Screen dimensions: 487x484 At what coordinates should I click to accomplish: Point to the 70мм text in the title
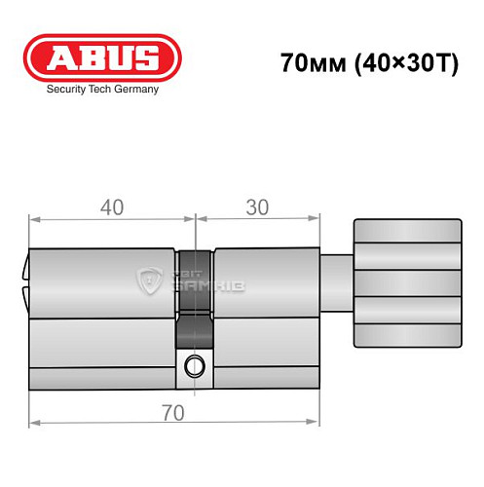pos(306,64)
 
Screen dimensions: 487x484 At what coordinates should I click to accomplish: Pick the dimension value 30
pos(257,207)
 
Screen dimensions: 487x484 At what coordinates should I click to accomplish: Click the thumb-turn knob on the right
pos(407,283)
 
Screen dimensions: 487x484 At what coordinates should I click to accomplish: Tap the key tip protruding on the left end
pos(24,281)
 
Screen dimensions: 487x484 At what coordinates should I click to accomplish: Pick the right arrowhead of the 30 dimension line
pos(316,222)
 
